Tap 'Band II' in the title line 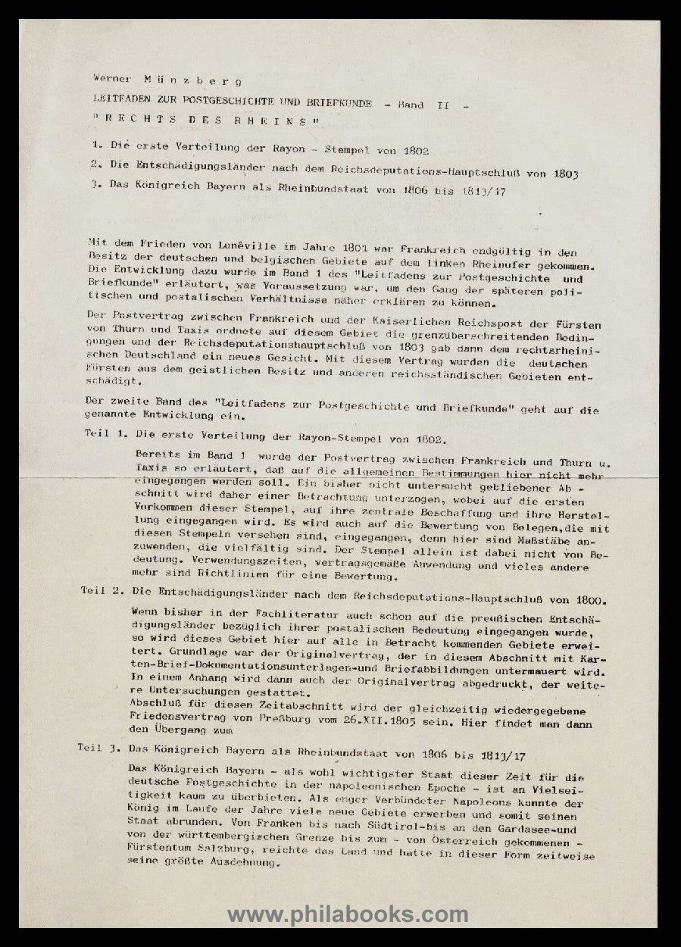(x=423, y=105)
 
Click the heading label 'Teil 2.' (x=100, y=591)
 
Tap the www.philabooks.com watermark (x=348, y=915)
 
